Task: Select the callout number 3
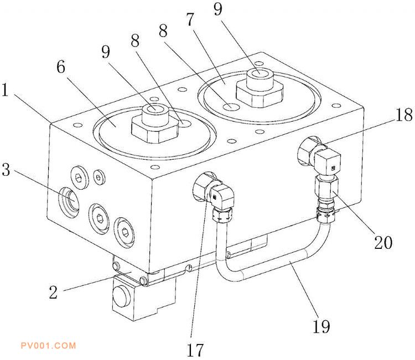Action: coord(7,170)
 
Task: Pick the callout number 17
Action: coord(195,349)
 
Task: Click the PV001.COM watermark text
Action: coord(48,346)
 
